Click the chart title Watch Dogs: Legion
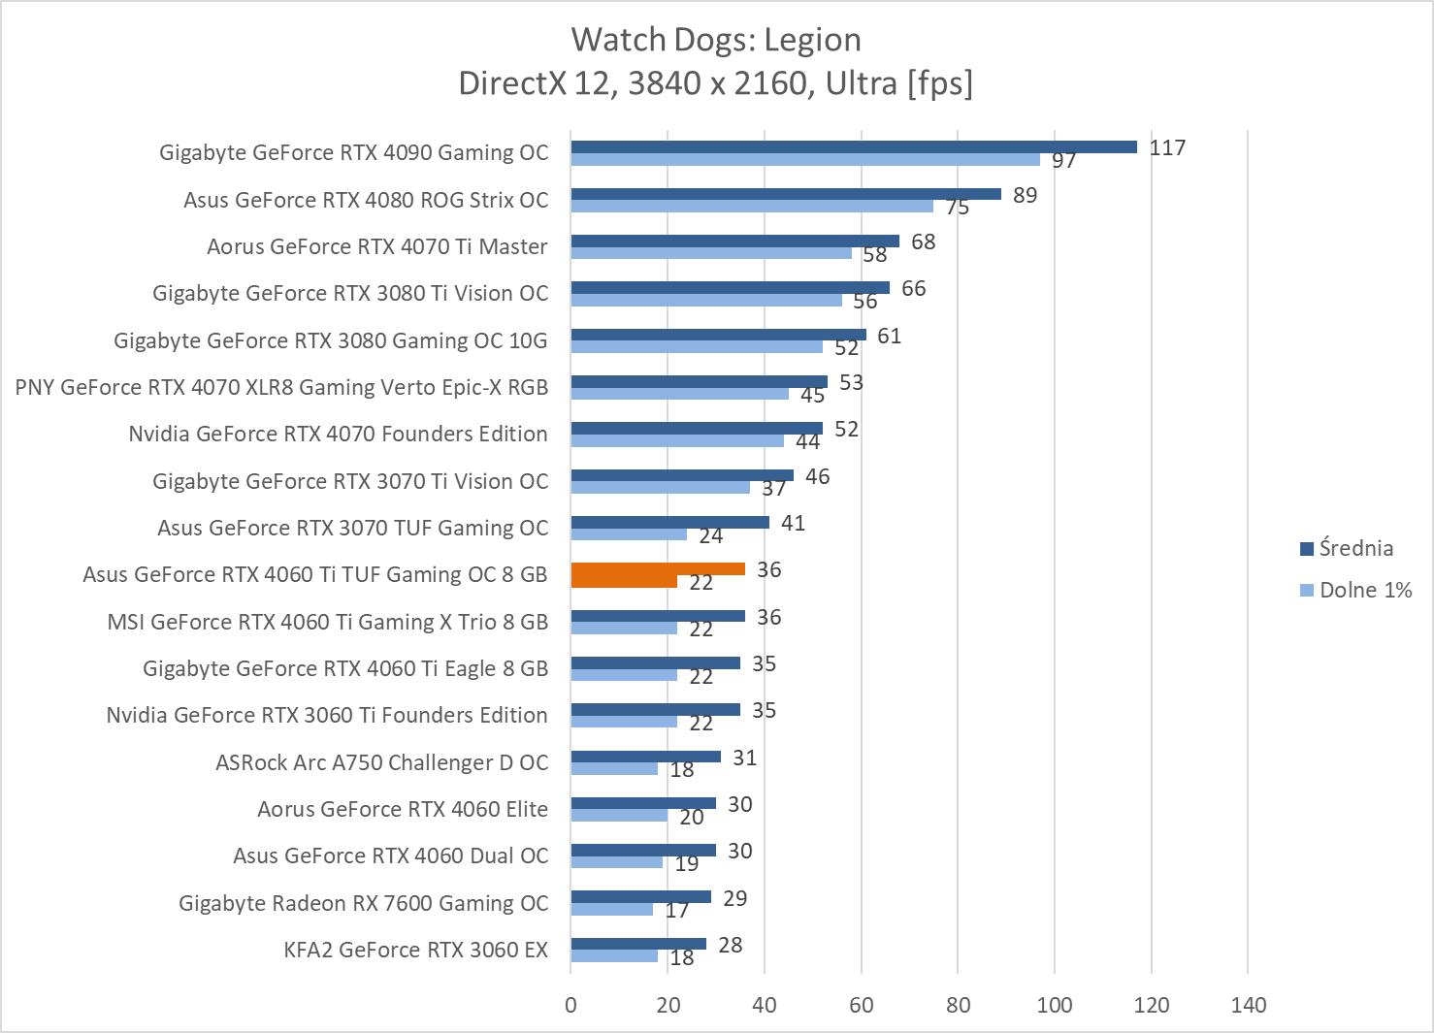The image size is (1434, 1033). tap(716, 40)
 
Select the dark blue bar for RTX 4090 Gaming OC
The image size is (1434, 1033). tap(853, 146)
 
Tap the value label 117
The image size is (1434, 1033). tap(1167, 147)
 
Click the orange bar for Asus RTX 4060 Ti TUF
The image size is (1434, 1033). tap(657, 569)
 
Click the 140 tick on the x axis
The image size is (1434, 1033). tap(1248, 1004)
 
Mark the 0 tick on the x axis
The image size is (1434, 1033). tap(570, 1004)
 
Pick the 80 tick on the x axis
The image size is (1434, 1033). tap(958, 1004)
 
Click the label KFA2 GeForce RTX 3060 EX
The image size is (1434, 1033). tap(415, 950)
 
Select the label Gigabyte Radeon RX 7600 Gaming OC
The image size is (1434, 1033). tap(363, 903)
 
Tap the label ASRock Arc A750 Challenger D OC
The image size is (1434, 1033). tap(381, 762)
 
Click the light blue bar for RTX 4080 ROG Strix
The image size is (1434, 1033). tap(752, 206)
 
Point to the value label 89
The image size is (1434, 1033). tap(1025, 195)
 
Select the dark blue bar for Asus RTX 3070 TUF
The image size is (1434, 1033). tap(669, 522)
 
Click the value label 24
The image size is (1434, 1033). tap(710, 535)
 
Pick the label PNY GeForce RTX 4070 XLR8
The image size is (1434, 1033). tap(281, 387)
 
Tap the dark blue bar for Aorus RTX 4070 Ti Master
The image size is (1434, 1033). tap(734, 241)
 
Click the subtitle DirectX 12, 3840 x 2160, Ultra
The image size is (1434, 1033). tap(715, 83)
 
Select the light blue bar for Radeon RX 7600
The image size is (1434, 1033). tap(611, 909)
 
